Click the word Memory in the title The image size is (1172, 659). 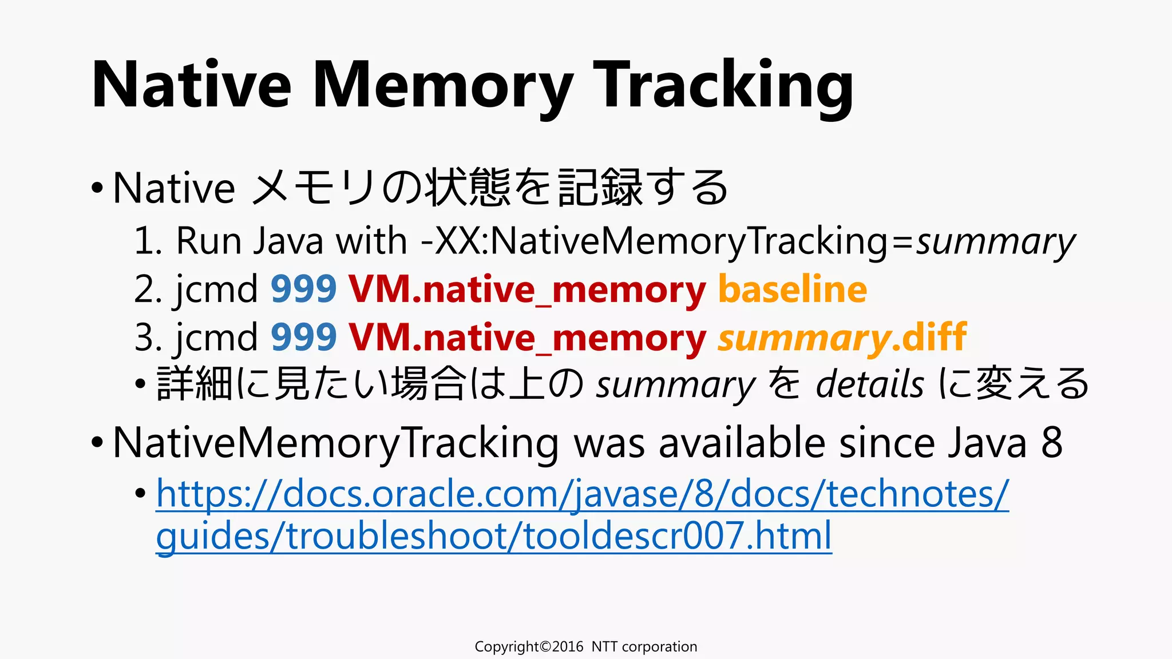[x=443, y=86]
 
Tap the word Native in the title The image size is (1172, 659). [x=192, y=86]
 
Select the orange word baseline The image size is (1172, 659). [x=793, y=289]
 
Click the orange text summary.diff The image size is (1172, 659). [x=842, y=337]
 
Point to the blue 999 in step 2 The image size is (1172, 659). [x=303, y=289]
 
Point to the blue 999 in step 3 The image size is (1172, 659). [x=303, y=337]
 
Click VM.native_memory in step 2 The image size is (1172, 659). [x=527, y=290]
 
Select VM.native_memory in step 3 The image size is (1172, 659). [x=527, y=338]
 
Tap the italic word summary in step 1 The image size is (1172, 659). [x=996, y=241]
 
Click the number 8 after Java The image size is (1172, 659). [x=1052, y=443]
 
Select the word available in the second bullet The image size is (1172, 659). [x=742, y=443]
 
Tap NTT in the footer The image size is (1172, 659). [x=604, y=646]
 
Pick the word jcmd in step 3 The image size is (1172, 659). [x=216, y=337]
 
